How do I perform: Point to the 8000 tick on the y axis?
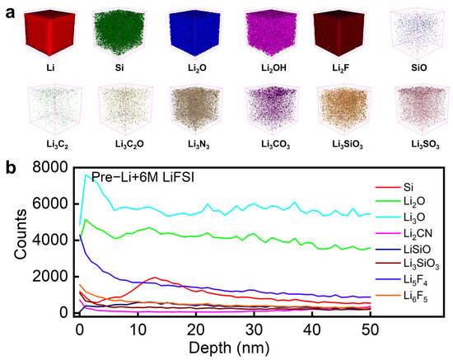(x=50, y=170)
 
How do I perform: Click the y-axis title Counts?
(x=12, y=241)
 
